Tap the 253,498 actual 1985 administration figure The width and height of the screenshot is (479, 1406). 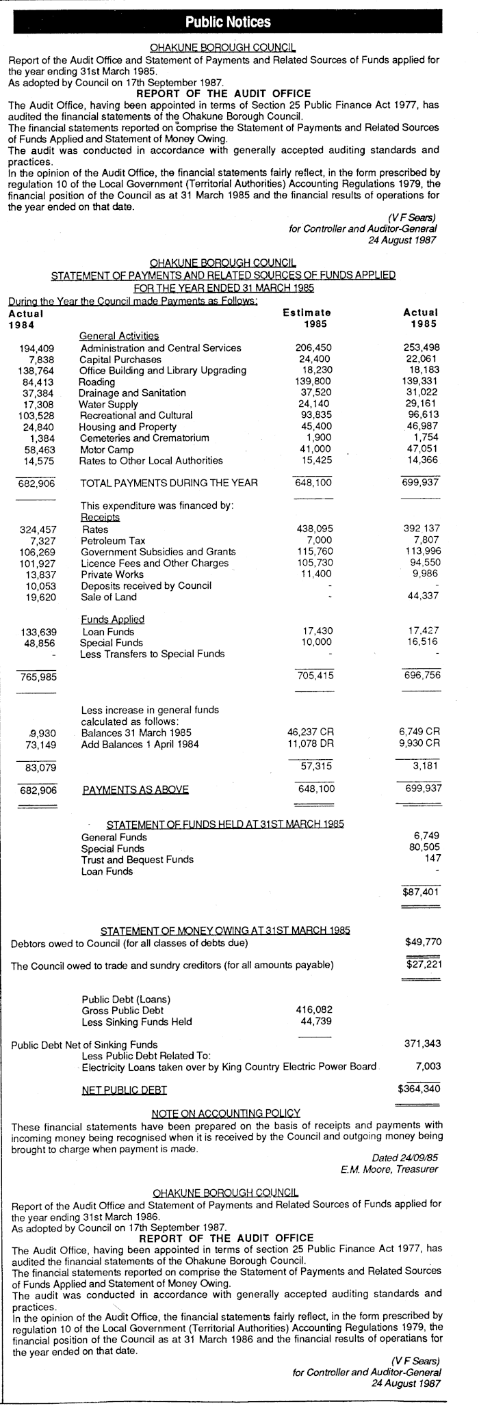[x=422, y=347]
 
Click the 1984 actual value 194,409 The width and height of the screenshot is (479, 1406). [x=38, y=348]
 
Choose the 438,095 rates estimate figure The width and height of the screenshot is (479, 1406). [x=312, y=529]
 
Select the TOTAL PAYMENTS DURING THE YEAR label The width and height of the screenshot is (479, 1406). [x=169, y=483]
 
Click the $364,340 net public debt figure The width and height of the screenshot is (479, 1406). [x=419, y=1088]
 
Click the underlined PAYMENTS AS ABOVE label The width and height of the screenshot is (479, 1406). [x=135, y=789]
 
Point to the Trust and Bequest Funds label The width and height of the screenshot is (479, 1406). [x=137, y=859]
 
